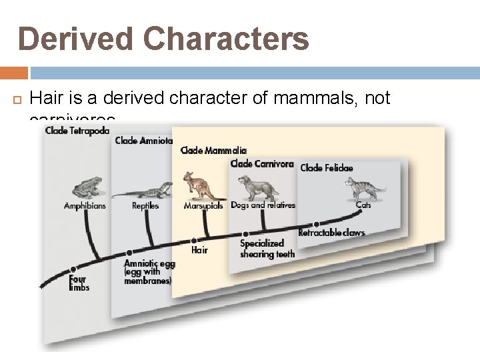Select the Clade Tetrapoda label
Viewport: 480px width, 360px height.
tap(77, 131)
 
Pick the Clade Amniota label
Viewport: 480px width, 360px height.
tap(143, 141)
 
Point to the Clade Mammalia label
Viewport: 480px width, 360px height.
tap(213, 151)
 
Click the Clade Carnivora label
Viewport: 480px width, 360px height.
tap(261, 163)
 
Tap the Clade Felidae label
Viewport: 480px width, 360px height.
tap(327, 168)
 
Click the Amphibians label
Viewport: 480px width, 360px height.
tap(85, 206)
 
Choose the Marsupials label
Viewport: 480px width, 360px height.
tap(204, 206)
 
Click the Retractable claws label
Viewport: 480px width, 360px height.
tap(331, 233)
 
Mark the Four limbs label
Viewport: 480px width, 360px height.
tap(79, 283)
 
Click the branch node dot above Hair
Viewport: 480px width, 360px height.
tap(193, 240)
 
